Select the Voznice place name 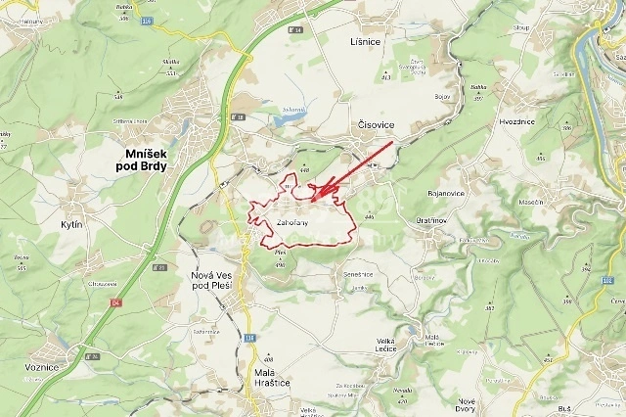[41, 366]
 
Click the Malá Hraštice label [264, 375]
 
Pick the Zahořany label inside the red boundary [292, 223]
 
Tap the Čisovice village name [376, 126]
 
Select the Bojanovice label [446, 193]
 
